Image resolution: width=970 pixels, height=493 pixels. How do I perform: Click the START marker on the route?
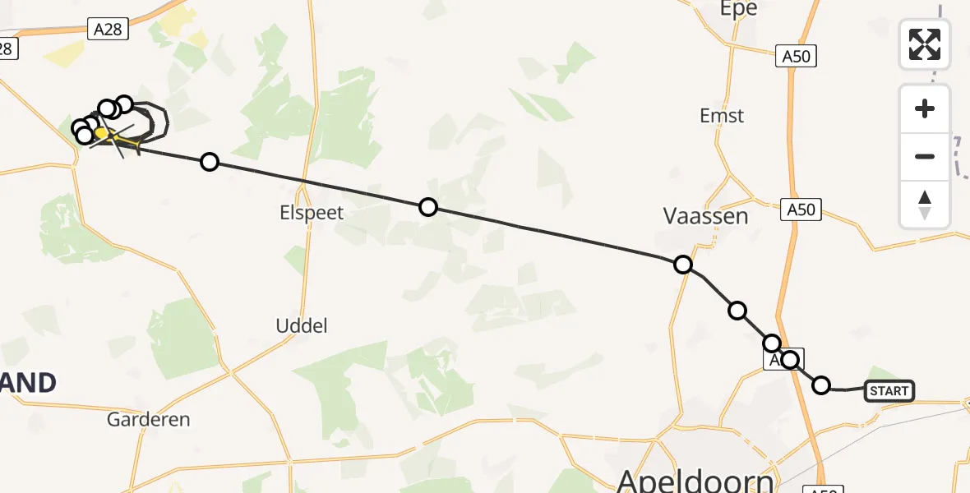click(889, 391)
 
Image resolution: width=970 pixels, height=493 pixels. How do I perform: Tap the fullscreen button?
click(925, 44)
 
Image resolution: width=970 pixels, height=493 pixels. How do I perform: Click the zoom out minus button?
click(925, 156)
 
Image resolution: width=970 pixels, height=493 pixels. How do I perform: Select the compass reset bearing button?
click(925, 204)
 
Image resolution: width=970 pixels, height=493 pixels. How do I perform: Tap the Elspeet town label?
click(311, 213)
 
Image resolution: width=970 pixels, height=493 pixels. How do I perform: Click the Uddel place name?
click(302, 325)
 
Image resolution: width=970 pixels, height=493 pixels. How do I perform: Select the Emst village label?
click(722, 116)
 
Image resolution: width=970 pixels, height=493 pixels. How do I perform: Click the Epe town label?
click(738, 9)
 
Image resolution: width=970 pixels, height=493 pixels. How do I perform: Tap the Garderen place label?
click(149, 420)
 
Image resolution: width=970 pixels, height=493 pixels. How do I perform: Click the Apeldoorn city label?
click(695, 479)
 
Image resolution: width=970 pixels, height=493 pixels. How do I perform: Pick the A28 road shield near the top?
click(108, 30)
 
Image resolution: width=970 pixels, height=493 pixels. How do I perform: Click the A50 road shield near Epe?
click(796, 56)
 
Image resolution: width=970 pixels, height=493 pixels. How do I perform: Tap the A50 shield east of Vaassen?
click(801, 210)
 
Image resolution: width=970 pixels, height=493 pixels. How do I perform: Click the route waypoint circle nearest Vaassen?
click(683, 265)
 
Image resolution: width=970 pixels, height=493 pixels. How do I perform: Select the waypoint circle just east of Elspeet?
click(428, 207)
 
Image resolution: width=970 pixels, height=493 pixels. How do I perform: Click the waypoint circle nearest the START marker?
click(821, 385)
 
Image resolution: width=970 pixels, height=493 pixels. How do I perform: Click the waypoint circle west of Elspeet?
click(210, 162)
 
